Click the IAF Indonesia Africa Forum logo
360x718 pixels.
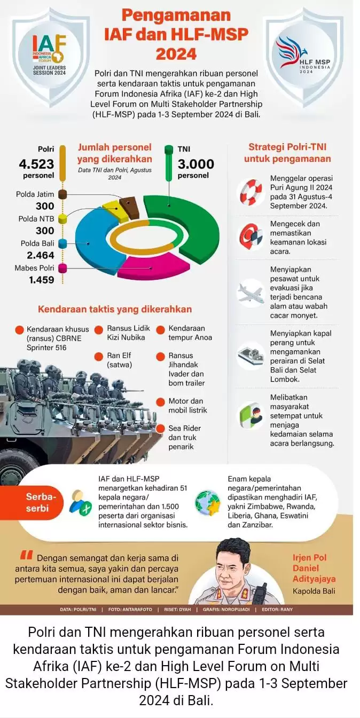(x=49, y=53)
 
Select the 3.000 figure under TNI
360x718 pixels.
(x=196, y=164)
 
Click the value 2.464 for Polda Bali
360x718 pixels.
(x=41, y=255)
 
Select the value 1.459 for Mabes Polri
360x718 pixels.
(x=41, y=280)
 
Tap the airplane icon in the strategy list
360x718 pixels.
(x=251, y=293)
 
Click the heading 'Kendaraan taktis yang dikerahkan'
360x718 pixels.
(x=114, y=309)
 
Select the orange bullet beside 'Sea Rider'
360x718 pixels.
(x=160, y=428)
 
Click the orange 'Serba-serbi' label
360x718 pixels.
(x=37, y=502)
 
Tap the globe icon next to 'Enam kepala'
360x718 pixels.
(x=208, y=502)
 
